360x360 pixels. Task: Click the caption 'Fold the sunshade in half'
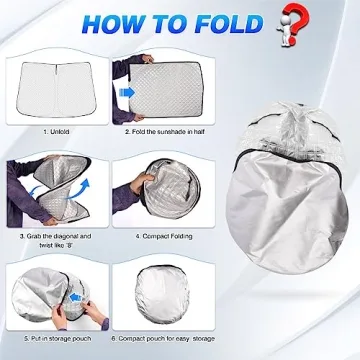pyautogui.click(x=167, y=131)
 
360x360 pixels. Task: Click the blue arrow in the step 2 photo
pyautogui.click(x=128, y=93)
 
